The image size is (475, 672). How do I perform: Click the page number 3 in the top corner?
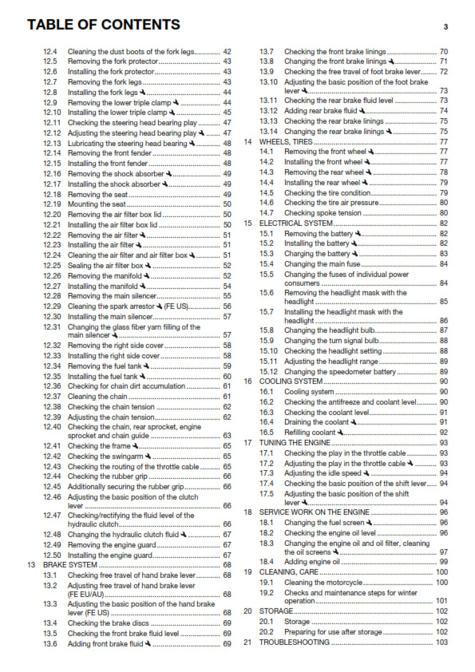[445, 27]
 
